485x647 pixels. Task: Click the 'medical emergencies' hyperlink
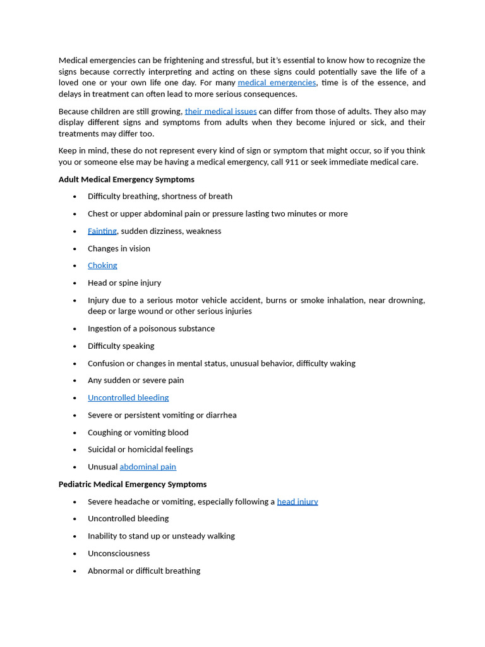(x=277, y=83)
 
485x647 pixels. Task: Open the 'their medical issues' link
(x=220, y=111)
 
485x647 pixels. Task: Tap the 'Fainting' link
(x=102, y=231)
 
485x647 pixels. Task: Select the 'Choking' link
(x=102, y=265)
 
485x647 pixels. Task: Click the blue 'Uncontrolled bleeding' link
(x=128, y=398)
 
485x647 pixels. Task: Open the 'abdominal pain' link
(x=148, y=467)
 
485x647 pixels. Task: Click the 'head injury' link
(x=297, y=502)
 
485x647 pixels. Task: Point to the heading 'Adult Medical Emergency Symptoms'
(x=126, y=179)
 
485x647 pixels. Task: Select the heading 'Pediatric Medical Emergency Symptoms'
(x=133, y=485)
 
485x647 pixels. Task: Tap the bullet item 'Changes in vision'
(x=119, y=248)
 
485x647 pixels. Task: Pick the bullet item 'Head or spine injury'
(x=124, y=283)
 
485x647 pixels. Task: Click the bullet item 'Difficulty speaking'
(x=121, y=346)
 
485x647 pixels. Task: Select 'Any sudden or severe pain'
(x=136, y=380)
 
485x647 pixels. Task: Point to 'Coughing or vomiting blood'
(x=138, y=433)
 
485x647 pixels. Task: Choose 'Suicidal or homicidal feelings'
(x=140, y=450)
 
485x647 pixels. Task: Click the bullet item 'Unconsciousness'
(x=119, y=553)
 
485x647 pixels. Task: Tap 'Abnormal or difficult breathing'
(x=144, y=571)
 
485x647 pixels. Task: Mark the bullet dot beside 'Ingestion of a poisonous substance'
(x=75, y=329)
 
